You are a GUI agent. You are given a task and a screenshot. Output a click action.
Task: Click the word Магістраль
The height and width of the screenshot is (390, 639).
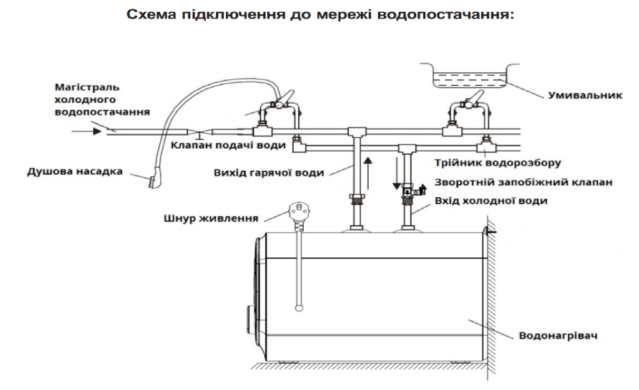[84, 87]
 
